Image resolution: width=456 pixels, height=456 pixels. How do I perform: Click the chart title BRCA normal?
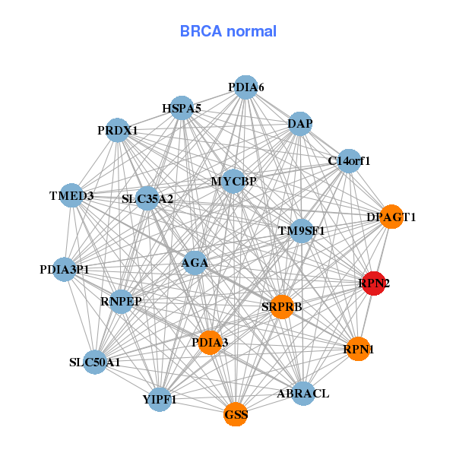228,31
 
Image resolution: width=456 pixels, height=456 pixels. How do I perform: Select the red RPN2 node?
373,283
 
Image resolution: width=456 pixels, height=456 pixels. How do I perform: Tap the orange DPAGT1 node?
391,217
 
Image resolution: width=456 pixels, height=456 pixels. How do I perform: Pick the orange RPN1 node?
358,350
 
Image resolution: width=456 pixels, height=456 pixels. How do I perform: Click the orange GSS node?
236,414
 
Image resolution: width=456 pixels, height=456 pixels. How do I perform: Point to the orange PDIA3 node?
210,343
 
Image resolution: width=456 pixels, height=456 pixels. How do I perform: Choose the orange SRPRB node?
282,307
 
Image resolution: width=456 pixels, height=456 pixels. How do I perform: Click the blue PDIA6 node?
245,87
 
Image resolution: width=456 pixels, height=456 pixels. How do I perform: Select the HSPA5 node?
182,109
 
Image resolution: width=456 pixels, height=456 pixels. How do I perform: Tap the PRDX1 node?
117,131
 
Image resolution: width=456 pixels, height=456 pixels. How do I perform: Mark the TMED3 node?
71,196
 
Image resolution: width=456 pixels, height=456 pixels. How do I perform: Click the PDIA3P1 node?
64,269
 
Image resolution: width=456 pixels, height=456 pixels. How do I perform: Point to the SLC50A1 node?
95,362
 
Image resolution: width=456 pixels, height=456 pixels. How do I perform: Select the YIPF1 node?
160,398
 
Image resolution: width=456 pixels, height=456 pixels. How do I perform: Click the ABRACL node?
303,393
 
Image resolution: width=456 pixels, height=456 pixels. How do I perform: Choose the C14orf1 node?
349,160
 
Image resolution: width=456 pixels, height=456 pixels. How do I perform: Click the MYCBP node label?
234,182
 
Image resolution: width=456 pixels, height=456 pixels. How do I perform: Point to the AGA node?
195,264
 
